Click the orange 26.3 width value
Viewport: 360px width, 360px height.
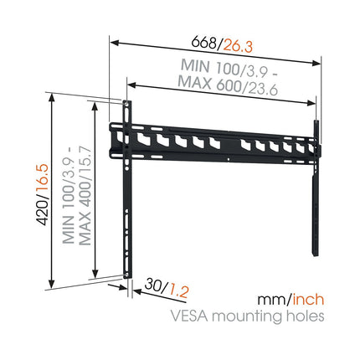tap(238, 45)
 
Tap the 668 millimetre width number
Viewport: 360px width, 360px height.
tap(203, 43)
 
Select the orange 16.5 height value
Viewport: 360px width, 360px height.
tap(44, 179)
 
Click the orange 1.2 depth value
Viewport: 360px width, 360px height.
tap(178, 291)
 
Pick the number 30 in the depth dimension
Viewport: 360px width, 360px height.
tap(153, 285)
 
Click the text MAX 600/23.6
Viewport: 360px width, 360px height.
tap(228, 85)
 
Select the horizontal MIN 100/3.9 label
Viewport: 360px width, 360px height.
tap(229, 68)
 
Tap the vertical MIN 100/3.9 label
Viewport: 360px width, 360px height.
tap(69, 198)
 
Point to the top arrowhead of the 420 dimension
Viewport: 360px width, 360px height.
tap(51, 98)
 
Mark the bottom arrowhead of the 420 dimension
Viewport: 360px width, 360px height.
tap(51, 284)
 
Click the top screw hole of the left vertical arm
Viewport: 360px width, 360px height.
tap(126, 103)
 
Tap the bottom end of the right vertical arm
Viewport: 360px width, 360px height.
tap(316, 255)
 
